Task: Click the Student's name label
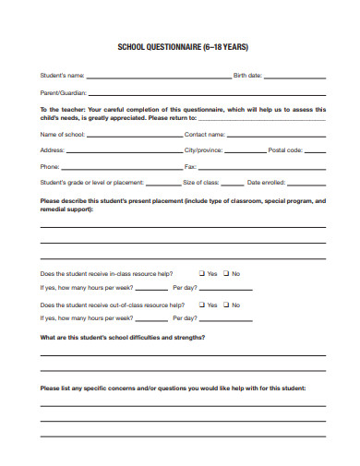pos(62,76)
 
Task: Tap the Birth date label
pos(248,76)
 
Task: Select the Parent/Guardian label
pos(63,92)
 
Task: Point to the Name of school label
pos(62,135)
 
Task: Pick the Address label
pos(52,149)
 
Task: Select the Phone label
pos(50,167)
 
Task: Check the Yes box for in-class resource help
pos(202,273)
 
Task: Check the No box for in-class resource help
pos(225,273)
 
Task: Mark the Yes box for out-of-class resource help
pos(202,305)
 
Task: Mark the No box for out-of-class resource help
pos(225,305)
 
